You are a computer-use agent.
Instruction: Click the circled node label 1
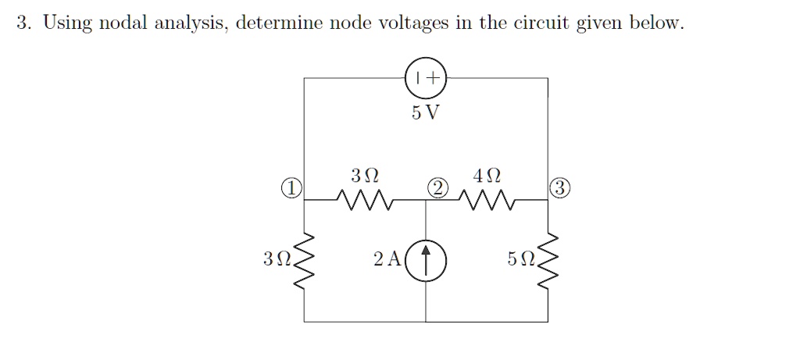[x=291, y=187]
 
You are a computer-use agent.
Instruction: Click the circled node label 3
[x=559, y=187]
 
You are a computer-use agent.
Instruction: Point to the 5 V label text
[x=425, y=112]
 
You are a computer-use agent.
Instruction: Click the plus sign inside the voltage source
[x=433, y=78]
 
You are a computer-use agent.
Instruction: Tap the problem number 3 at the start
[x=22, y=23]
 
